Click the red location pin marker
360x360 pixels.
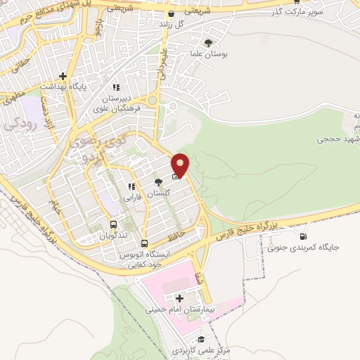181,165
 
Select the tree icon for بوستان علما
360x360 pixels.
207,43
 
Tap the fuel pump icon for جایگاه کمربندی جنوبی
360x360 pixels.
304,236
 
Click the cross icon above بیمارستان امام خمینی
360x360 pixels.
181,298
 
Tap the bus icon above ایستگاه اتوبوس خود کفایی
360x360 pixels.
144,243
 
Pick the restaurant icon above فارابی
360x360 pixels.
131,186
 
